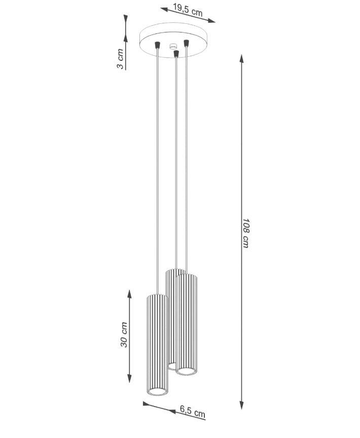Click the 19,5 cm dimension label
[x=188, y=10]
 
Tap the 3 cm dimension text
[x=120, y=59]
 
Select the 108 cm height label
[x=245, y=233]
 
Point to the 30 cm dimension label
[x=124, y=335]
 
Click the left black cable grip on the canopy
[x=158, y=45]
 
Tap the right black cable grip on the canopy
[x=186, y=43]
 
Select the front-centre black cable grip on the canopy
[x=176, y=53]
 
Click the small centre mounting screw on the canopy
[x=173, y=46]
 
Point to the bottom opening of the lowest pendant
[x=157, y=392]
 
